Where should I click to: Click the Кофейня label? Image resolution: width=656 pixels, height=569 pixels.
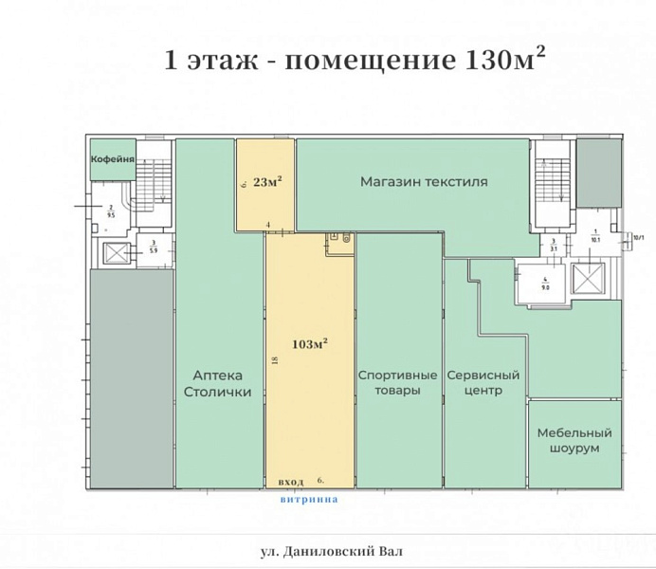pos(111,160)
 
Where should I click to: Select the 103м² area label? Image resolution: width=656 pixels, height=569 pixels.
pos(310,343)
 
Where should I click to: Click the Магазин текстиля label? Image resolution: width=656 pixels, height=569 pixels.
pos(424,181)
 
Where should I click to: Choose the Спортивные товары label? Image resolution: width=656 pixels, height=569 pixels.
pos(397,382)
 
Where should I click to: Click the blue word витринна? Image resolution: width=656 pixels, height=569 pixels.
pos(308,496)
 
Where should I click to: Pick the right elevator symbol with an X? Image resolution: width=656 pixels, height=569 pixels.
pos(588,280)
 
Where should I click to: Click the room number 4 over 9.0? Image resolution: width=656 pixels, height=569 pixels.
pos(545,282)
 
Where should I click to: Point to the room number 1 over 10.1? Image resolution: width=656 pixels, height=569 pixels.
pos(595,236)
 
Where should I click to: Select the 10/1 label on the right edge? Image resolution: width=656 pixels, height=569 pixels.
pos(638,238)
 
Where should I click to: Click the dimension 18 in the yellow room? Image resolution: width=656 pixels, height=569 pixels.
pos(274,361)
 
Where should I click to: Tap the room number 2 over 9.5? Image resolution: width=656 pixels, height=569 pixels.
pos(111,211)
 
